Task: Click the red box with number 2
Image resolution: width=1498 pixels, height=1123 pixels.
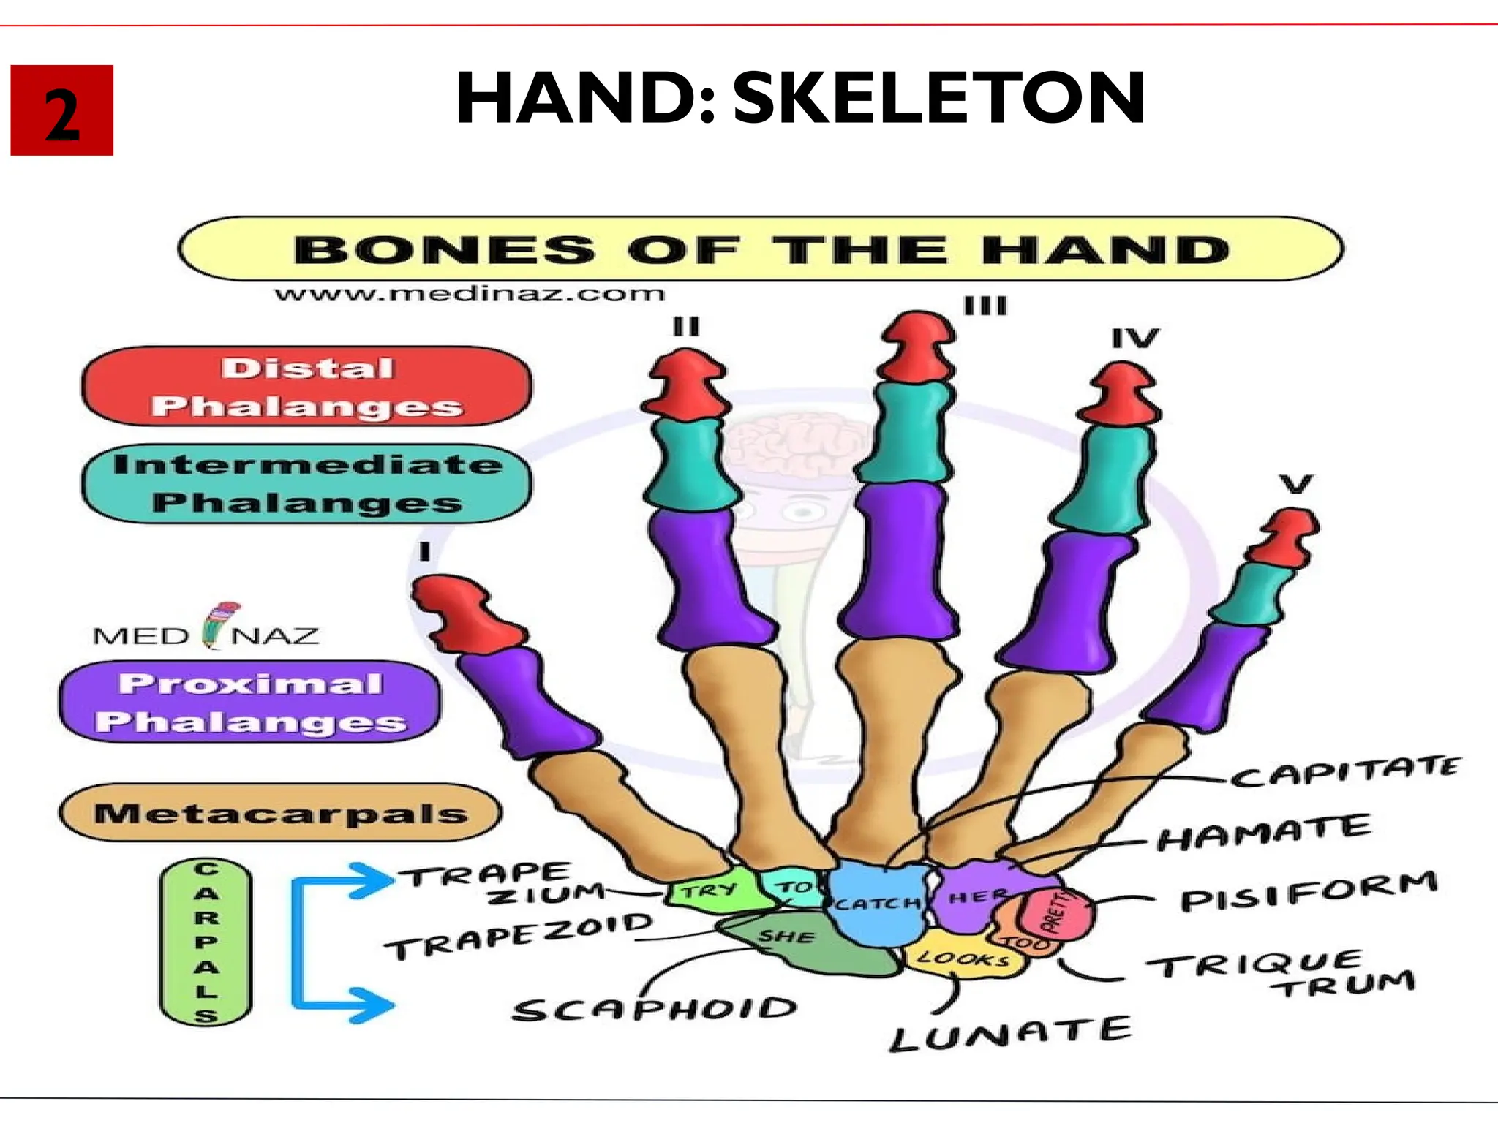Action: point(62,110)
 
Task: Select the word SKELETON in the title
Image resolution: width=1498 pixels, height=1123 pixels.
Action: point(939,98)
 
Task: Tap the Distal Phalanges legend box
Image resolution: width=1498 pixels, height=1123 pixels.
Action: point(307,387)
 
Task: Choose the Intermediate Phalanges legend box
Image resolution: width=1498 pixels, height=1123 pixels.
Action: point(307,483)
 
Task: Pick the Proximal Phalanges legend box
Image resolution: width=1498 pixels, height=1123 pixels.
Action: point(250,702)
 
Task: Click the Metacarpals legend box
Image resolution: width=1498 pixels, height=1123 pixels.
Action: point(281,813)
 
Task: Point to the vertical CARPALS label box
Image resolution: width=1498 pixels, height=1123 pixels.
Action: point(206,942)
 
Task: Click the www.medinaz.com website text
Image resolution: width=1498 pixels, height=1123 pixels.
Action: point(470,294)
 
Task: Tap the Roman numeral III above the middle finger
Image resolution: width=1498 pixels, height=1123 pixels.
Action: point(985,306)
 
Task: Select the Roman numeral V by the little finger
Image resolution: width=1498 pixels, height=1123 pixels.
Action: point(1296,484)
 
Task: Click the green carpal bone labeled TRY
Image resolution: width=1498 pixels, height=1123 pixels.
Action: point(708,890)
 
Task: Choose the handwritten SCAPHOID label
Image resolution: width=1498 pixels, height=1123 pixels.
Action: point(655,1010)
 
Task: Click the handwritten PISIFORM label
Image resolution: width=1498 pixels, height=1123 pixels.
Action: point(1309,891)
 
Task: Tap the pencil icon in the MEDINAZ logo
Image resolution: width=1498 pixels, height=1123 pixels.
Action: point(219,625)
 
